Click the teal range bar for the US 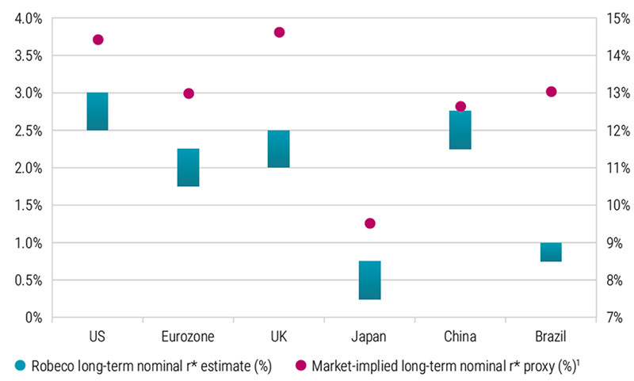[97, 111]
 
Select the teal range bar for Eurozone [189, 167]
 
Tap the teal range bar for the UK [279, 149]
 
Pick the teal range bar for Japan [369, 280]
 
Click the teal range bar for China [460, 130]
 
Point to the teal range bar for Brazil [551, 252]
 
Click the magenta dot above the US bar [98, 40]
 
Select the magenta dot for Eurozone [189, 93]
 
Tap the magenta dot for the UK [279, 32]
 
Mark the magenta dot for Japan [369, 223]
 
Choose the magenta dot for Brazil [552, 92]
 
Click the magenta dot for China [460, 106]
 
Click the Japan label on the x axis [369, 337]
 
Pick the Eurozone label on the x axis [189, 337]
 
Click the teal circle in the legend [21, 365]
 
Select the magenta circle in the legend [300, 365]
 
